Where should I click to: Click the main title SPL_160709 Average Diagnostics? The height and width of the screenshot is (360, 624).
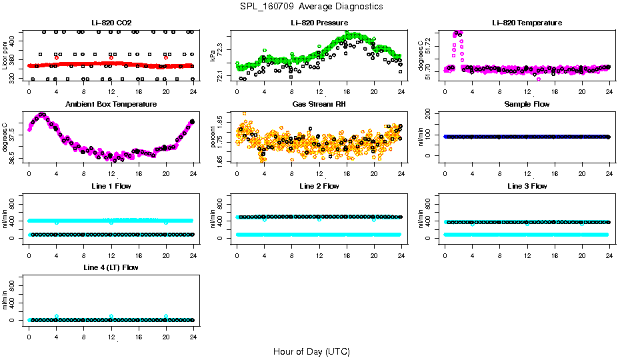pos(312,6)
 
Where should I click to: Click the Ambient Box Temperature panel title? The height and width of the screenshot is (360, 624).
pos(111,105)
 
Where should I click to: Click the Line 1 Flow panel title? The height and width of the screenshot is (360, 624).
pos(110,186)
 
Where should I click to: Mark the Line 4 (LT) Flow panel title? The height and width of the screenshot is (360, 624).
pos(111,267)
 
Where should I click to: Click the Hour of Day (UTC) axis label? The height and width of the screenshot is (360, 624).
pos(311,351)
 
